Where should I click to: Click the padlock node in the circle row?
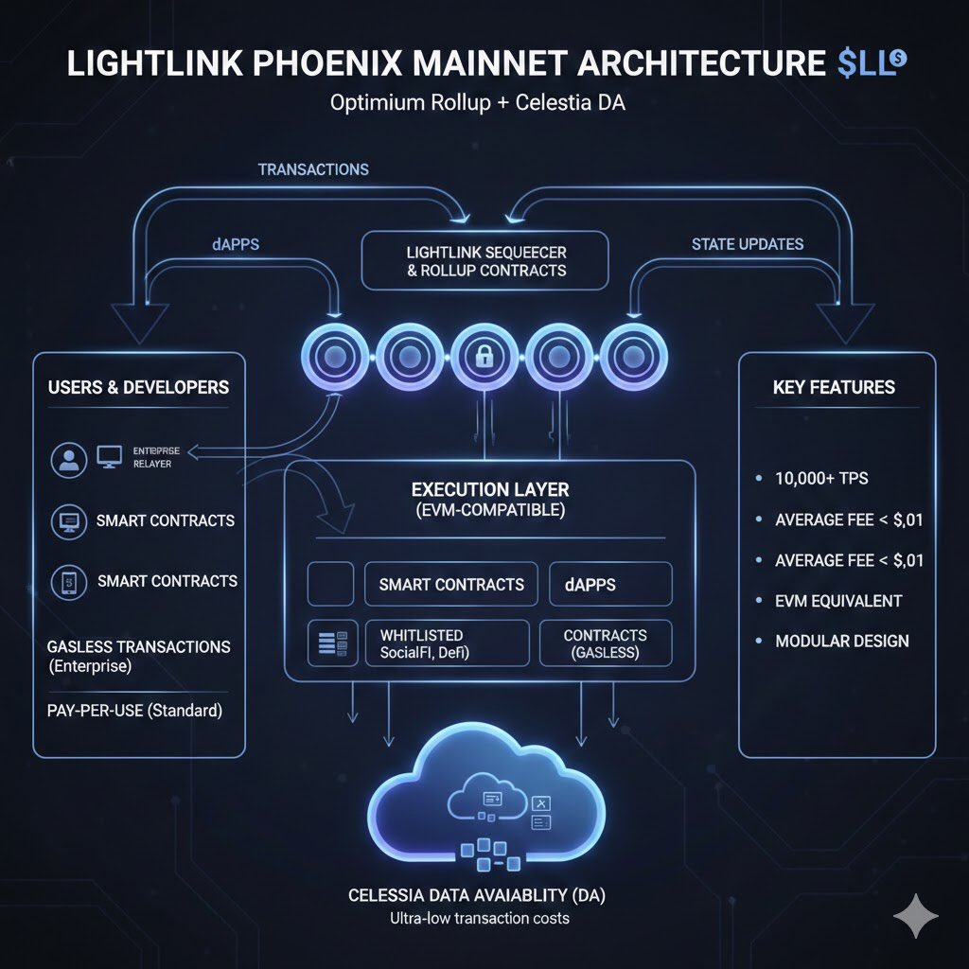(484, 358)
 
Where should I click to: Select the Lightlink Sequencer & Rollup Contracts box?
(485, 261)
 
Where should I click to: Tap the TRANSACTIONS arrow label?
(313, 169)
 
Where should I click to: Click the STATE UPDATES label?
(747, 244)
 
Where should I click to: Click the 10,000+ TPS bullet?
(821, 479)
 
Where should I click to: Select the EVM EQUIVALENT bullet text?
(838, 601)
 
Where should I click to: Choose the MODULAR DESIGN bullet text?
(841, 642)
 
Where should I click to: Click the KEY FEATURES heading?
(834, 387)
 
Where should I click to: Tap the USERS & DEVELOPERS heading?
(138, 387)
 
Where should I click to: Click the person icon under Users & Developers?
(67, 461)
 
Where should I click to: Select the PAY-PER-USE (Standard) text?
(134, 710)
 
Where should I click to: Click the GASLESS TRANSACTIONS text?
(138, 647)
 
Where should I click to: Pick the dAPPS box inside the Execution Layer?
(610, 584)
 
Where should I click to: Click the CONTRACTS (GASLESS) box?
(605, 643)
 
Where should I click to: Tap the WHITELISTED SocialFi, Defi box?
(447, 643)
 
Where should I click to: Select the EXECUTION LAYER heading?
(488, 490)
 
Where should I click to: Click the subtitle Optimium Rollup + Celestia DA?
(477, 103)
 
